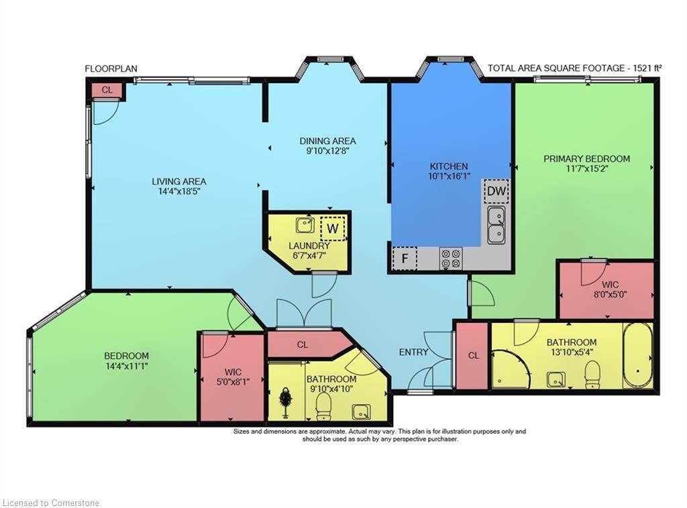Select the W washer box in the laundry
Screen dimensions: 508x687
pyautogui.click(x=332, y=229)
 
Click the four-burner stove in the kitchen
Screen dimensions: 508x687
pyautogui.click(x=450, y=259)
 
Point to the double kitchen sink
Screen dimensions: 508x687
pyautogui.click(x=496, y=225)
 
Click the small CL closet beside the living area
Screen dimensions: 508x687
pyautogui.click(x=107, y=90)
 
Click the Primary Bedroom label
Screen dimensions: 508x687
pyautogui.click(x=586, y=159)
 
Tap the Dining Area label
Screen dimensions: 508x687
pyautogui.click(x=327, y=141)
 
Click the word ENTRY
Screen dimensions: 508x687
pyautogui.click(x=413, y=352)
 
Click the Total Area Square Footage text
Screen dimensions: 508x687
pyautogui.click(x=575, y=68)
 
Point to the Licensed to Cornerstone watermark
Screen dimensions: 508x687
pyautogui.click(x=50, y=502)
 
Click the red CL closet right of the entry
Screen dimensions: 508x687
pyautogui.click(x=473, y=356)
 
